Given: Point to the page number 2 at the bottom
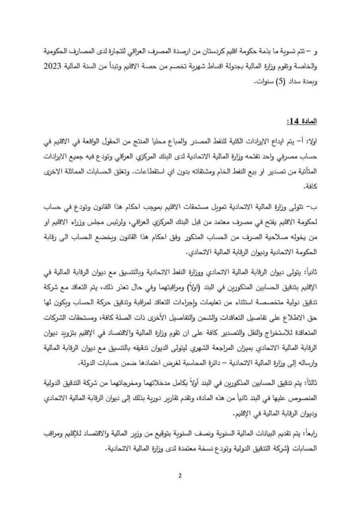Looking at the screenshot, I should coord(180,478).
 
